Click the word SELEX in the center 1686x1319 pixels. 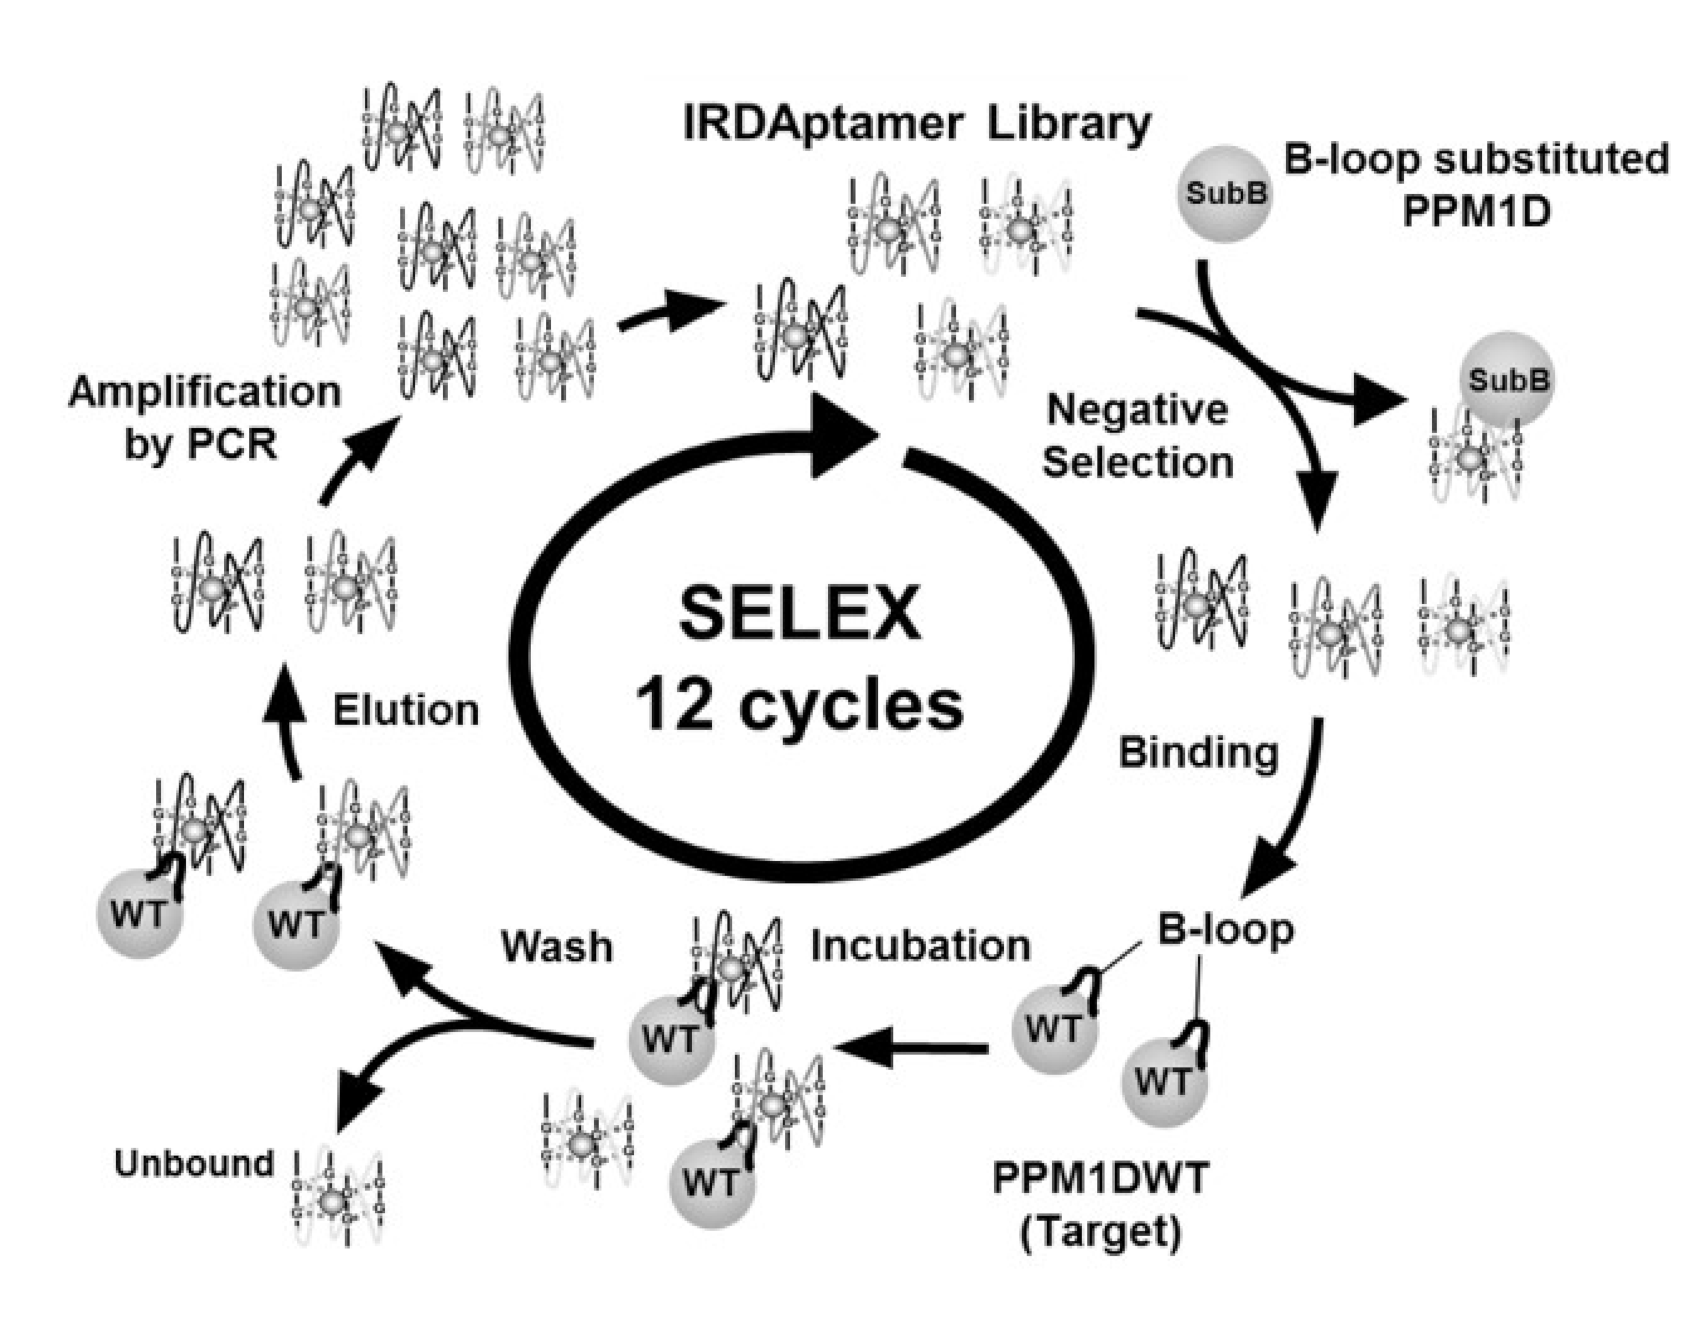click(x=800, y=614)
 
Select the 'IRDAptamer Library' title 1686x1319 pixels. click(x=916, y=124)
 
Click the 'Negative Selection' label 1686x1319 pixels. click(x=1136, y=436)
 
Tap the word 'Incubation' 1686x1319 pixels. click(x=920, y=946)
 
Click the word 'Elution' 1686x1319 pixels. click(x=406, y=711)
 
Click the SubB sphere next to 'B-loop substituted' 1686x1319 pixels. click(x=1225, y=194)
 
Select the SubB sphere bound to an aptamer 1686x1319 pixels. click(x=1506, y=380)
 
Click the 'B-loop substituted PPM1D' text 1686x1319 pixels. click(x=1475, y=186)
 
